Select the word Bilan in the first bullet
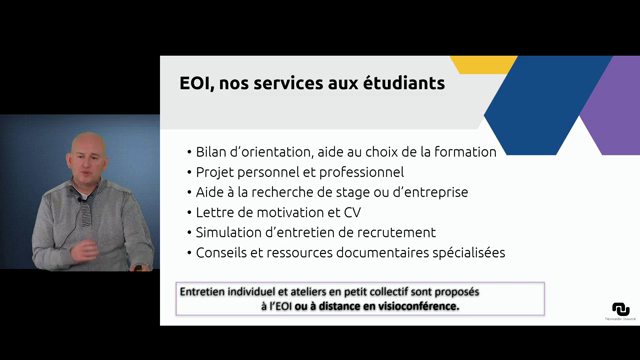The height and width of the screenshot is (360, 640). (x=214, y=152)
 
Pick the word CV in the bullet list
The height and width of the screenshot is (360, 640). (x=357, y=212)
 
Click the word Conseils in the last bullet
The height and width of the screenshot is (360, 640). (x=225, y=252)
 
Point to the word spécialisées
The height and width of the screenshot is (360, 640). (x=463, y=252)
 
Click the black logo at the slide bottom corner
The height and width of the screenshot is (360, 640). (x=621, y=309)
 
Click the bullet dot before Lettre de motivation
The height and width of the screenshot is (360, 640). (x=188, y=212)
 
